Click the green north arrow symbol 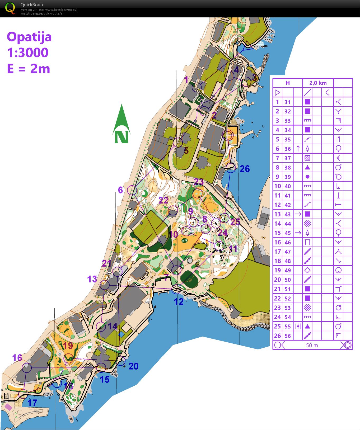[x=121, y=124]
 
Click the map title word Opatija [x=29, y=37]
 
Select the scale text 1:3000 [x=28, y=53]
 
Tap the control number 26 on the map [x=245, y=169]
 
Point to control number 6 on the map [x=120, y=190]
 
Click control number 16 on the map [x=17, y=358]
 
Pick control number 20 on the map [x=133, y=366]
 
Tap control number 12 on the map [x=179, y=301]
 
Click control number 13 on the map [x=92, y=279]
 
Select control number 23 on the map [x=199, y=182]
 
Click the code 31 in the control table [x=288, y=102]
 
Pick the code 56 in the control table [x=288, y=336]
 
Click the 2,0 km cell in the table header [x=318, y=83]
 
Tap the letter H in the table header [x=288, y=83]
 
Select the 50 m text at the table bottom [x=312, y=345]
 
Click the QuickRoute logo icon [x=10, y=8]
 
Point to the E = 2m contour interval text [x=29, y=69]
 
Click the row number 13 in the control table [x=277, y=214]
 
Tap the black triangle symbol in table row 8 [x=307, y=167]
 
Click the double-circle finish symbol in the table [x=347, y=345]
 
